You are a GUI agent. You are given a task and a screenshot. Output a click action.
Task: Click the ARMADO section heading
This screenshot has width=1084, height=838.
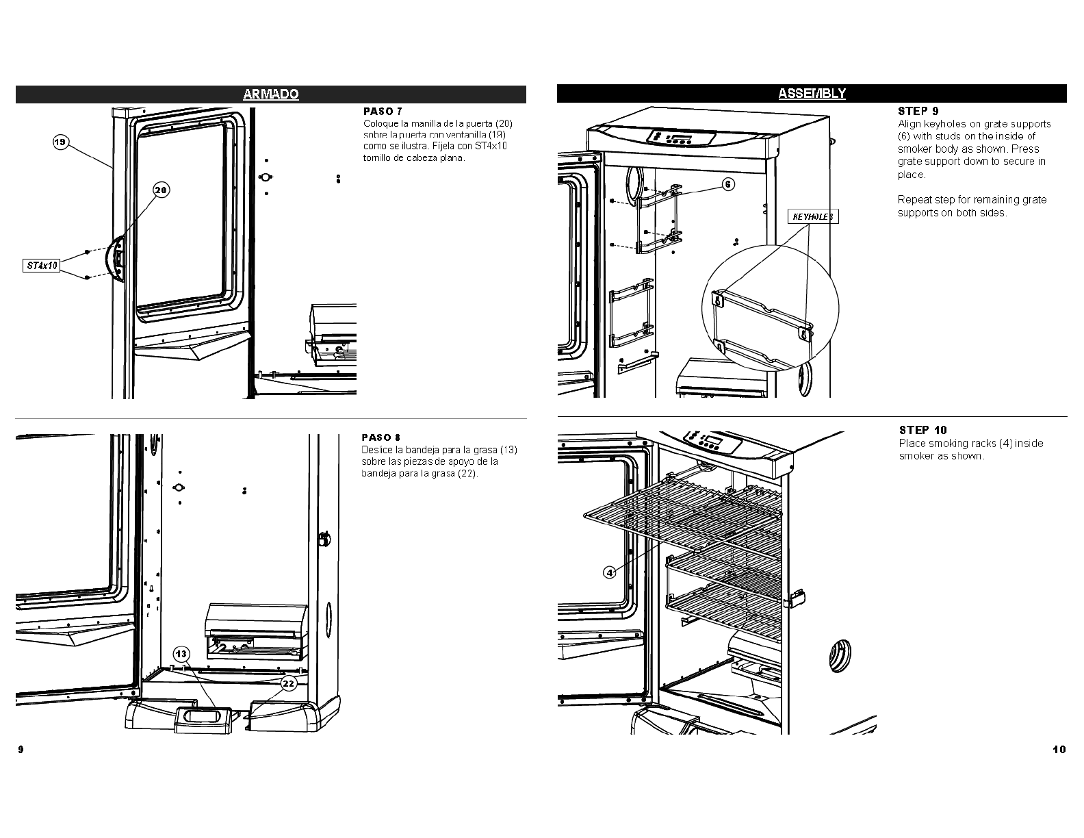[x=271, y=94]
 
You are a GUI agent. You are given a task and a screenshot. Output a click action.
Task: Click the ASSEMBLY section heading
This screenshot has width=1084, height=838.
[x=812, y=94]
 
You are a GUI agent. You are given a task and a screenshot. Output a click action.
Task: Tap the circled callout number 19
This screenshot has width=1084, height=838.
[x=60, y=142]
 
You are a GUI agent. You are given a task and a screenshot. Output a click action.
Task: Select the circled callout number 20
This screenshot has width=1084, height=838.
[x=161, y=190]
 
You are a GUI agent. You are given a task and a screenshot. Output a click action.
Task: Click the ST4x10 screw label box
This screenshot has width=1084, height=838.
[x=42, y=265]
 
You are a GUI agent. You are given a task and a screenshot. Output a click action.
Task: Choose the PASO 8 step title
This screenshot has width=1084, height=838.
[x=380, y=437]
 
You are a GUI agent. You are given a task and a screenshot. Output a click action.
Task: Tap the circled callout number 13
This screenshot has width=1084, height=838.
[x=181, y=654]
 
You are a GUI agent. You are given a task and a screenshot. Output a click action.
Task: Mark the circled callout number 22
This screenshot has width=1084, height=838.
[x=289, y=683]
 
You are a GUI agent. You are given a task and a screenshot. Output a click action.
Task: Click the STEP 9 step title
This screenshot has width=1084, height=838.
[x=917, y=111]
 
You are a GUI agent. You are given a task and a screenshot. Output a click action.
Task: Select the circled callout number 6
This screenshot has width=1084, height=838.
[x=728, y=184]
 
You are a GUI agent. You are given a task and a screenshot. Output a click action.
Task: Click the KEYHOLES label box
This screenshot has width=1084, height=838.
[x=813, y=217]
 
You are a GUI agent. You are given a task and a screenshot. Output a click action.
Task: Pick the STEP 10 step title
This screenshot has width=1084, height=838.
[x=922, y=430]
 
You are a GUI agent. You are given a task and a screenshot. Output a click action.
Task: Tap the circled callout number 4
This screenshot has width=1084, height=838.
[x=609, y=572]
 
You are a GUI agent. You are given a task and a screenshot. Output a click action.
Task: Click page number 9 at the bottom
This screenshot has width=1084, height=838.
[x=21, y=749]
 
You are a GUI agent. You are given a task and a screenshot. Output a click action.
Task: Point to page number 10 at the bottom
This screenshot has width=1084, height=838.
[x=1059, y=749]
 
